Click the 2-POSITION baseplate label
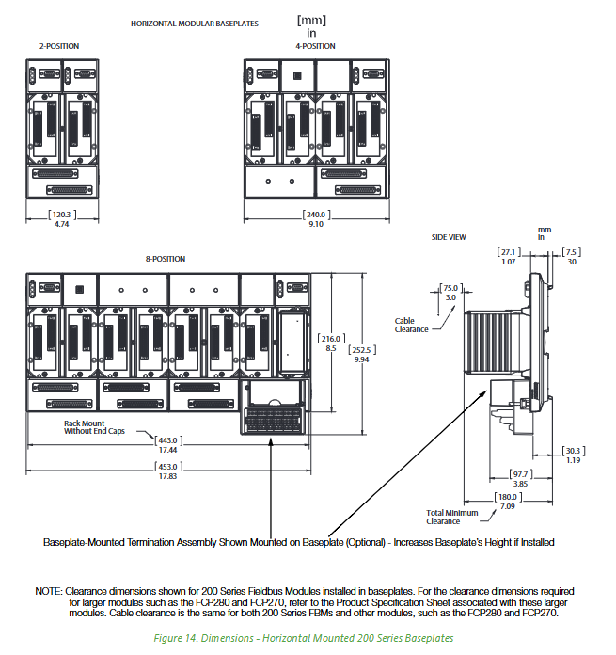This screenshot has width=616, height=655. point(59,45)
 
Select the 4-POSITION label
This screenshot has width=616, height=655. point(314,45)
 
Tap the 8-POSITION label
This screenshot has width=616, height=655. point(165,259)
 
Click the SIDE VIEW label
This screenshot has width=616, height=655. point(449,237)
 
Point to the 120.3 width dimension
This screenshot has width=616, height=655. point(60,214)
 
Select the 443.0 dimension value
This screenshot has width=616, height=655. point(167,439)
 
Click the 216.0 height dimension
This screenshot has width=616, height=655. point(330,339)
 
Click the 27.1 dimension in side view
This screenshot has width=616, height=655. point(508,251)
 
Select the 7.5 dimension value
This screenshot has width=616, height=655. point(572,251)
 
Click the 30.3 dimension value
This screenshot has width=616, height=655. point(575,450)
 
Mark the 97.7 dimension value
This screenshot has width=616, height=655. point(521,473)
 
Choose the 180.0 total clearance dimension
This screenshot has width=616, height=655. point(508,498)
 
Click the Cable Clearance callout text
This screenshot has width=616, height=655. point(411,325)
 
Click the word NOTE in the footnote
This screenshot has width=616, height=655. point(48,590)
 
